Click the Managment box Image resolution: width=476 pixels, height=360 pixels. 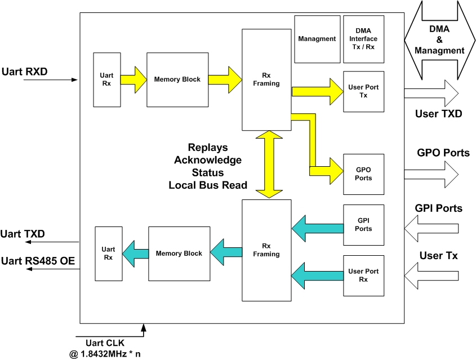(x=317, y=39)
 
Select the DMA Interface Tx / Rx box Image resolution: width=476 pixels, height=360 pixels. (x=363, y=39)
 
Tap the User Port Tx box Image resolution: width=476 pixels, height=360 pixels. (x=363, y=91)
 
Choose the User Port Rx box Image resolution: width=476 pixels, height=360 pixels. (x=363, y=275)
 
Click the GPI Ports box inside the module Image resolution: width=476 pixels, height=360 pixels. (x=363, y=225)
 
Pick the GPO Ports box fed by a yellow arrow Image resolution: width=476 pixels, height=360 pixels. (x=363, y=174)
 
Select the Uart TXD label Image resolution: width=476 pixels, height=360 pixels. (x=23, y=233)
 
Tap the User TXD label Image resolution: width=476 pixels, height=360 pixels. (x=438, y=114)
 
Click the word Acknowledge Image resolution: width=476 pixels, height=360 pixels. (x=207, y=160)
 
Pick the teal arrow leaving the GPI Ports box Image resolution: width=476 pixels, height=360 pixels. (x=317, y=228)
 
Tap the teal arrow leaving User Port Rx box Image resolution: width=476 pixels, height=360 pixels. (x=317, y=274)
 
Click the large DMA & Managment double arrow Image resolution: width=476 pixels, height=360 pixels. (x=439, y=40)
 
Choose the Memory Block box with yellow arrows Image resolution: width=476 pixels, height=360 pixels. (x=177, y=79)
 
